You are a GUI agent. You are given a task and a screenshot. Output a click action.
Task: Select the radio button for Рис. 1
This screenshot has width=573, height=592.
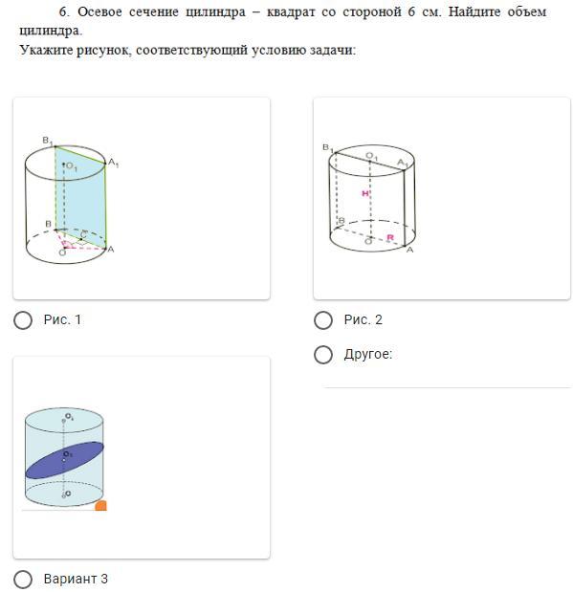tap(23, 320)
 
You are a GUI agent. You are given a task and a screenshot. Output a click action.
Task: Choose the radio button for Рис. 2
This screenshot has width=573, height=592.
tap(323, 320)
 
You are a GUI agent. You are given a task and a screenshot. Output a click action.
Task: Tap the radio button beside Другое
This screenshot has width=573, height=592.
tap(323, 355)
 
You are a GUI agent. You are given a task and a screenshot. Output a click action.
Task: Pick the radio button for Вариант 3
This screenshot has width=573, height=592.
tap(23, 579)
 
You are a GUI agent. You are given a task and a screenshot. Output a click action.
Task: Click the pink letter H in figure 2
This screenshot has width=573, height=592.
tap(365, 194)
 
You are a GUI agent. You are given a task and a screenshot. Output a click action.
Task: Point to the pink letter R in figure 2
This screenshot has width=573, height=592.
tap(390, 237)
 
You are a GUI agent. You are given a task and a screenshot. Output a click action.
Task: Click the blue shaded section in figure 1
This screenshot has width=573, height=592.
tap(81, 196)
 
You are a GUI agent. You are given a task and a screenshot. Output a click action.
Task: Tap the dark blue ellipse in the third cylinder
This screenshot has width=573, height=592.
tap(64, 460)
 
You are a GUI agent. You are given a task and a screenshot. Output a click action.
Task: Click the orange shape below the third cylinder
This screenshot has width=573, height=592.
tap(100, 506)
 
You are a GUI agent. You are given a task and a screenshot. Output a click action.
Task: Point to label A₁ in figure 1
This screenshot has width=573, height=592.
tap(113, 163)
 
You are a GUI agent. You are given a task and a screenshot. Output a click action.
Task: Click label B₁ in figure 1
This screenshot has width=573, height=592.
tap(47, 142)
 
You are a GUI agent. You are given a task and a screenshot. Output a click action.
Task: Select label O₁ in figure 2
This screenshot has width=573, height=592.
tap(372, 156)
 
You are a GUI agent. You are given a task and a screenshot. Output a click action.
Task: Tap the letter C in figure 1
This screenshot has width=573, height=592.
tap(83, 235)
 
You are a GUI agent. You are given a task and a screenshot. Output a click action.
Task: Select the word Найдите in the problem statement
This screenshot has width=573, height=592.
tap(474, 11)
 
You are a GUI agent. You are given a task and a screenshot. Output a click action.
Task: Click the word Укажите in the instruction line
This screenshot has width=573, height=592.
tap(46, 50)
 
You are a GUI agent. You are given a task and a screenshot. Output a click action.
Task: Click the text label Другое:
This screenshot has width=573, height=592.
tap(368, 354)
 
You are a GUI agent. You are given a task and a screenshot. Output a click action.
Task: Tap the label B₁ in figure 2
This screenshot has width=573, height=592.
tap(328, 147)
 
